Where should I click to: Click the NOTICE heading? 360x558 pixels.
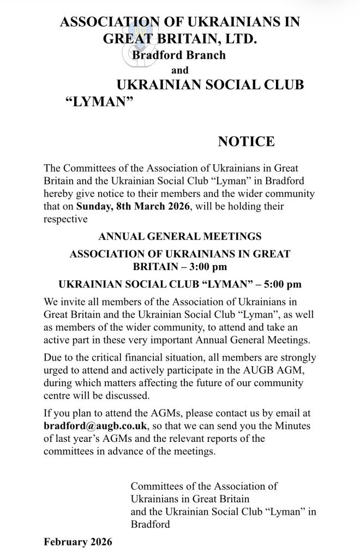click(246, 142)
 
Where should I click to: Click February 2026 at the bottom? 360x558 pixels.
click(78, 542)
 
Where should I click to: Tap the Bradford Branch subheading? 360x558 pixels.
click(178, 55)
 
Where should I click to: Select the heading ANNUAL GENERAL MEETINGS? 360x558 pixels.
click(179, 237)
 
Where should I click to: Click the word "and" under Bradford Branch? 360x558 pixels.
click(180, 70)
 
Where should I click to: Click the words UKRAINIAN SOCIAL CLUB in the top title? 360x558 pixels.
click(210, 86)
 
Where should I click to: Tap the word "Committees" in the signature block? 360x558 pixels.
click(158, 485)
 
